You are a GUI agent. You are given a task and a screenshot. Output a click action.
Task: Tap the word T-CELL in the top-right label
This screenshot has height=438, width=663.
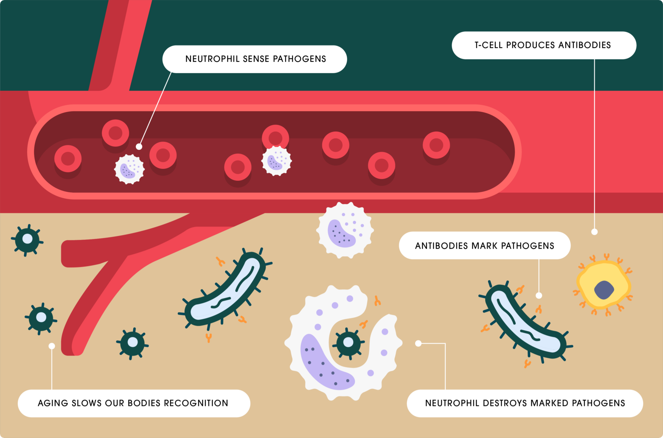pyautogui.click(x=489, y=45)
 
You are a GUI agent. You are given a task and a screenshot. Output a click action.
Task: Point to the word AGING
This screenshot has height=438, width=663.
pyautogui.click(x=52, y=403)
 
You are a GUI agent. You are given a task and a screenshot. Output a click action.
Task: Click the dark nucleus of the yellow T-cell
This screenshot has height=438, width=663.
pyautogui.click(x=604, y=290)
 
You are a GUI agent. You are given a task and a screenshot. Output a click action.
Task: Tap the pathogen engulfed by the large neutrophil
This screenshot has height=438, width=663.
pyautogui.click(x=348, y=343)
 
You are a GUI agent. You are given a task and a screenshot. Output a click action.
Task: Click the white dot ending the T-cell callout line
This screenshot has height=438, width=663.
pyautogui.click(x=594, y=232)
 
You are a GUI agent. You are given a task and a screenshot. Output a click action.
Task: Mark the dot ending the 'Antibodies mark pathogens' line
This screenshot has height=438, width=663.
pyautogui.click(x=539, y=295)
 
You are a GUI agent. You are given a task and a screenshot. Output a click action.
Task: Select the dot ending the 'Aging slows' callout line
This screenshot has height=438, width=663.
pyautogui.click(x=52, y=346)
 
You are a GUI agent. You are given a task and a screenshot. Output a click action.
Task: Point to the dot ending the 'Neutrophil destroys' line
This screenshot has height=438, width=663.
pyautogui.click(x=418, y=343)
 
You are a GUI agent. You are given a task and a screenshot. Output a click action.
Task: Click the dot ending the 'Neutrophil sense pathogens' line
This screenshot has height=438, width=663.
pyautogui.click(x=139, y=146)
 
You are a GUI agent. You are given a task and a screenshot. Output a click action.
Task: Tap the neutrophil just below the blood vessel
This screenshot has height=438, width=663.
pyautogui.click(x=345, y=230)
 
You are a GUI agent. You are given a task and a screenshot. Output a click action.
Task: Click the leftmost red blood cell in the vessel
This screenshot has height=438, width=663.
pyautogui.click(x=68, y=159)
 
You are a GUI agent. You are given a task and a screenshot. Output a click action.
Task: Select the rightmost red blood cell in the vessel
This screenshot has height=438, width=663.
pyautogui.click(x=436, y=145)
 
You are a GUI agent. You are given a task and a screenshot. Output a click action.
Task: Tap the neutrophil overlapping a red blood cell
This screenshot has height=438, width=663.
pyautogui.click(x=277, y=161)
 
